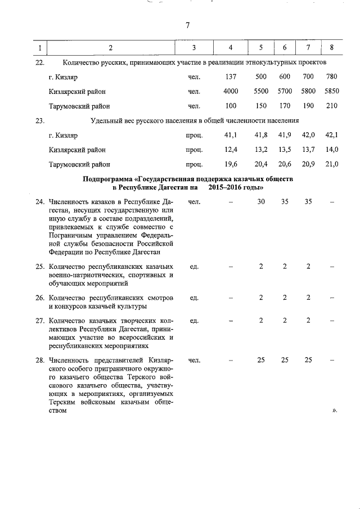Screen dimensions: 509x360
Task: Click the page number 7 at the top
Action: pos(187,25)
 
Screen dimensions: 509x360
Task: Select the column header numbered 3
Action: pos(193,47)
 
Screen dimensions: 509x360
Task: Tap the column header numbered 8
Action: pos(332,47)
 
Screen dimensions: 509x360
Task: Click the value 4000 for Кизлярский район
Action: pos(231,91)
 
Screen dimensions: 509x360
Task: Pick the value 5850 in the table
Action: pos(332,91)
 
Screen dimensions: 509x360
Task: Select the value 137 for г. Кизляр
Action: pos(231,76)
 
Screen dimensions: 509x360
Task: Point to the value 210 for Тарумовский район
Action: pos(332,105)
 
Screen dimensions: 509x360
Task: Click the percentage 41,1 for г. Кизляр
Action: pos(231,135)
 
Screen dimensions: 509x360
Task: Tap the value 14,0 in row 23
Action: pos(332,150)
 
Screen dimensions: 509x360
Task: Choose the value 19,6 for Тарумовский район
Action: pos(231,164)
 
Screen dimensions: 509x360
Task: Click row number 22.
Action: pos(39,62)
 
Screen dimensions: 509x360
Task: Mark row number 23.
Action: pos(39,120)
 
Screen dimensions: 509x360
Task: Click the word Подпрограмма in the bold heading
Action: pos(105,179)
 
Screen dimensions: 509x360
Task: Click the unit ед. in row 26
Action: pos(195,297)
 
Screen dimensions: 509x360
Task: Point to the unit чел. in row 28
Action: pos(194,359)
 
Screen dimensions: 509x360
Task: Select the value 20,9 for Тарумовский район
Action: pos(308,164)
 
